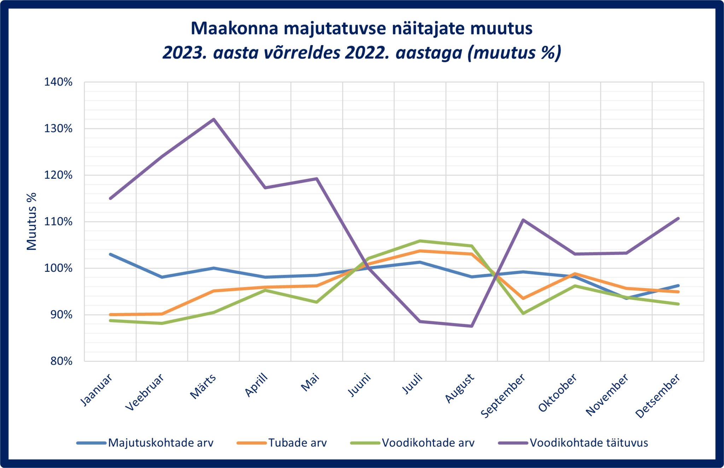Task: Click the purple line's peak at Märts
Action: pyautogui.click(x=214, y=119)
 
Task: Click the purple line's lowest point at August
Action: pyautogui.click(x=472, y=326)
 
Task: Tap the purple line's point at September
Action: pyautogui.click(x=523, y=220)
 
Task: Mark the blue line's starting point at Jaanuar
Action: pyautogui.click(x=111, y=254)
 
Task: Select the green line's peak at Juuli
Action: pyautogui.click(x=420, y=241)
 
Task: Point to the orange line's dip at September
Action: pyautogui.click(x=523, y=298)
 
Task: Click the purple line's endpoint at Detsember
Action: pyautogui.click(x=678, y=218)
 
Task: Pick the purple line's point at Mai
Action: pyautogui.click(x=317, y=178)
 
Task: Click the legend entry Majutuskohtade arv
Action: pyautogui.click(x=160, y=443)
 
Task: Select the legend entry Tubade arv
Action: pyautogui.click(x=297, y=443)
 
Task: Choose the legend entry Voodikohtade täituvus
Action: pyautogui.click(x=589, y=443)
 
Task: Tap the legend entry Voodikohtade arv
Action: pyautogui.click(x=428, y=443)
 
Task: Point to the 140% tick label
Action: pyautogui.click(x=58, y=82)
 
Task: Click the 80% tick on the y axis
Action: pyautogui.click(x=61, y=361)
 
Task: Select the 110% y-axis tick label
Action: pyautogui.click(x=58, y=222)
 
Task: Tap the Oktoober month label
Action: pyautogui.click(x=557, y=393)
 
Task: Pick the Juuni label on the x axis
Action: pyautogui.click(x=360, y=385)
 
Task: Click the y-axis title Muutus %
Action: pyautogui.click(x=32, y=222)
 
